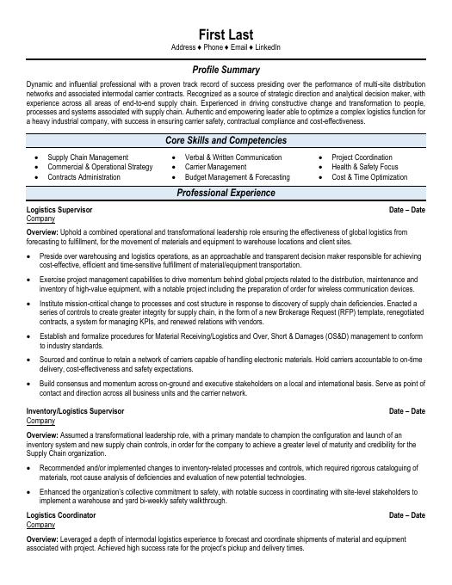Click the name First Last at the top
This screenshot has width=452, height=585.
click(x=226, y=34)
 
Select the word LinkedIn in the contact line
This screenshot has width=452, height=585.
click(x=267, y=47)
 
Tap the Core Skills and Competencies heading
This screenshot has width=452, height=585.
click(x=226, y=140)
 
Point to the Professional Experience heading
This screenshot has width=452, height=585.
click(x=226, y=194)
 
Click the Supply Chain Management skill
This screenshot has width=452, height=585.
click(x=88, y=157)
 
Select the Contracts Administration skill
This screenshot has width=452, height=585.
click(x=84, y=176)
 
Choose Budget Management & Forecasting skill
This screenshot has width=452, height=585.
click(x=238, y=176)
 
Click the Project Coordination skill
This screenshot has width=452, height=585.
click(x=362, y=157)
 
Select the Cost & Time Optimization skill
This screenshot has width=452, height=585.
click(x=369, y=176)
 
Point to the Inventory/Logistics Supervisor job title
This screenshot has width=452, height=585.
click(x=76, y=411)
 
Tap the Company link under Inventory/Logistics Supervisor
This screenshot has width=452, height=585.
click(x=40, y=421)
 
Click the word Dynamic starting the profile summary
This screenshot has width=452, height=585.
click(x=40, y=83)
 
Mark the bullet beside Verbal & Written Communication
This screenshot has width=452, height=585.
click(x=175, y=157)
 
